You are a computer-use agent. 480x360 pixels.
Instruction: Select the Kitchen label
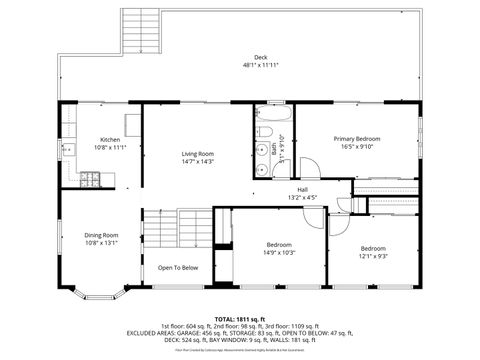pyautogui.click(x=110, y=139)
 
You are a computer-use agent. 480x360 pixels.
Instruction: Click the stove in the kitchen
pyautogui.click(x=90, y=180)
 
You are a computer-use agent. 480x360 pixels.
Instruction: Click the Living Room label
pyautogui.click(x=198, y=153)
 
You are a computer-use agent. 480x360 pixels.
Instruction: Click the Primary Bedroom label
pyautogui.click(x=357, y=138)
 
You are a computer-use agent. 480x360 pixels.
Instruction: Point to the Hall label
pyautogui.click(x=302, y=190)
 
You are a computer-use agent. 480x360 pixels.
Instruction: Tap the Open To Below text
pyautogui.click(x=178, y=267)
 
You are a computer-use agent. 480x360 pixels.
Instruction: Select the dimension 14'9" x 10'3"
pyautogui.click(x=279, y=252)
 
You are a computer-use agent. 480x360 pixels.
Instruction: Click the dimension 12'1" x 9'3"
pyautogui.click(x=373, y=255)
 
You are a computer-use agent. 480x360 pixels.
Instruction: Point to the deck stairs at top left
pyautogui.click(x=141, y=35)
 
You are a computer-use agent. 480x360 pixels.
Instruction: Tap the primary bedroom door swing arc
pyautogui.click(x=310, y=168)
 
